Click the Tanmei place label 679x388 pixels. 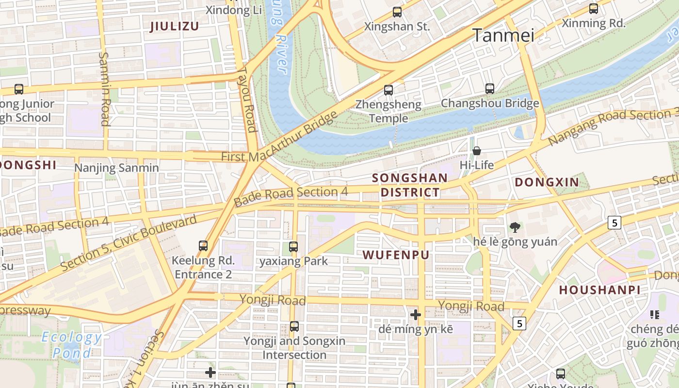pos(503,35)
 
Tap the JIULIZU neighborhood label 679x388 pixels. pos(175,26)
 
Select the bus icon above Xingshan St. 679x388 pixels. pos(397,12)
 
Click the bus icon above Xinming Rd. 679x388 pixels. pos(594,9)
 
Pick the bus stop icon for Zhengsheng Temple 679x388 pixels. pos(388,90)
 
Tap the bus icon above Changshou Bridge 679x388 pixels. pos(490,89)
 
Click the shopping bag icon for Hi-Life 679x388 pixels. pos(477,151)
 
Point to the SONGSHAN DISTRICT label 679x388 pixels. pos(410,185)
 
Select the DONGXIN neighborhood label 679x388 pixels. pos(547,182)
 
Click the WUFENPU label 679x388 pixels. pos(396,255)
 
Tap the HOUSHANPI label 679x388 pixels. pos(599,290)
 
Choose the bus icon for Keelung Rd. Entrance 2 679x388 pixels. pos(203,246)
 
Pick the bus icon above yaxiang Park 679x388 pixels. pos(293,246)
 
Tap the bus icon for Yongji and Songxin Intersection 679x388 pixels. pos(294,326)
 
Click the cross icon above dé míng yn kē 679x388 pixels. pos(416,315)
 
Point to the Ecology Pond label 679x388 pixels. pos(72,345)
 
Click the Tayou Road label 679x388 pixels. pos(246,99)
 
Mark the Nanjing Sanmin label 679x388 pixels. pos(116,168)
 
